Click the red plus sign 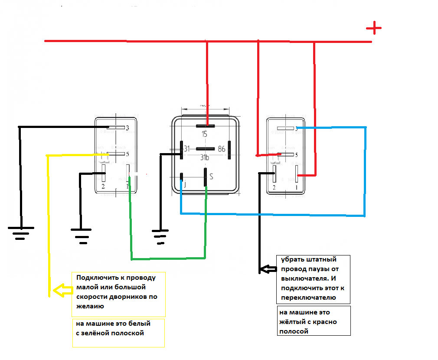373,29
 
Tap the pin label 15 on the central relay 205,134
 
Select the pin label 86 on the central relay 222,149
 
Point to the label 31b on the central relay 205,157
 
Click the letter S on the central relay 211,177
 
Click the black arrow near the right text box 267,269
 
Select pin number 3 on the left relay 127,128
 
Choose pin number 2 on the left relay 103,187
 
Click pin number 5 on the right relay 296,155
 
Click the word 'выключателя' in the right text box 304,278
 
